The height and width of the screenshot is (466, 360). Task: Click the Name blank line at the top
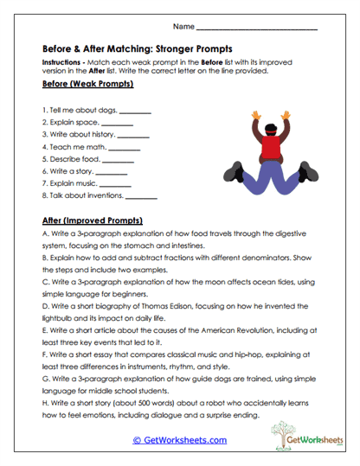[257, 29]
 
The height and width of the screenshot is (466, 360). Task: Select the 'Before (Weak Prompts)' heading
[87, 85]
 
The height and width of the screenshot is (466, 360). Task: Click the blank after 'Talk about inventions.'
[141, 197]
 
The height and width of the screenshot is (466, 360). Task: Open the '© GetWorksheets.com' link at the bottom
[179, 439]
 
